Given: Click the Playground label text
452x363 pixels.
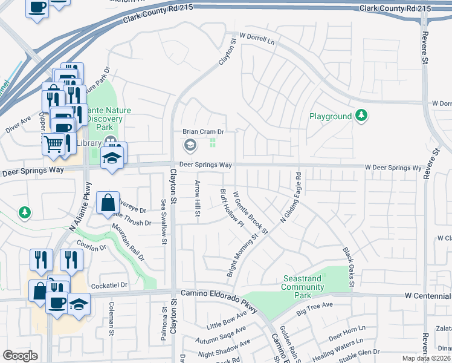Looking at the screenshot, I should tap(331, 116).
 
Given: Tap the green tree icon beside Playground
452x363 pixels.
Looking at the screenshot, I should tap(361, 116).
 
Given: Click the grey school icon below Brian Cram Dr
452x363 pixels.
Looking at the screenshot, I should tap(190, 145).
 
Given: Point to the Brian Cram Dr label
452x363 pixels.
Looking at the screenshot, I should tap(204, 131).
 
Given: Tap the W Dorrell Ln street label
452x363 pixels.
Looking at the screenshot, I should tap(257, 38).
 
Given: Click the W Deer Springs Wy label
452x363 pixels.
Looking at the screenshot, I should tap(392, 168).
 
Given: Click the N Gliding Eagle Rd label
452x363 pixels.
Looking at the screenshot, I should tap(289, 198).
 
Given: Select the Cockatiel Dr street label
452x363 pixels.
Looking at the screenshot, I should tap(110, 285).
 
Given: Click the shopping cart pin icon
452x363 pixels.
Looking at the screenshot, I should tap(53, 143).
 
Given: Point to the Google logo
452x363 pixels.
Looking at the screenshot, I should tap(20, 356).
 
